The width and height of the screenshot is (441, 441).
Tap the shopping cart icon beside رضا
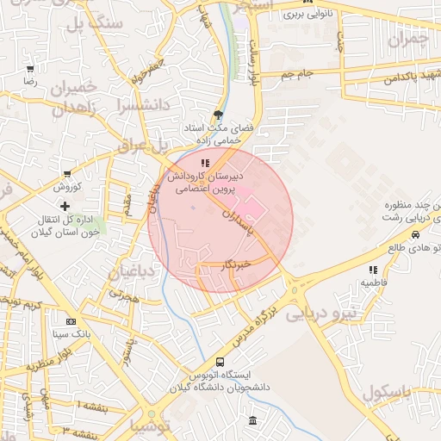(x=31, y=69)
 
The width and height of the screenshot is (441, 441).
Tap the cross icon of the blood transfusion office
(x=65, y=205)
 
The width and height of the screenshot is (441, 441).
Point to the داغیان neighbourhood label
(x=131, y=273)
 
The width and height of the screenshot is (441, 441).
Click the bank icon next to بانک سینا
(x=59, y=320)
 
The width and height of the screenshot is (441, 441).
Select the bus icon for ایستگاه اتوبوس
(x=220, y=363)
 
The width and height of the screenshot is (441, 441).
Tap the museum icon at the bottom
(x=252, y=420)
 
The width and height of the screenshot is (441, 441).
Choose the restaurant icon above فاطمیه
(x=373, y=270)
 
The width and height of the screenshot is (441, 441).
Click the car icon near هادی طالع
(x=416, y=234)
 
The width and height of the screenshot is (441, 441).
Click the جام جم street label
(x=296, y=75)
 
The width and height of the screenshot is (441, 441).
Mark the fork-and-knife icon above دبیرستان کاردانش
(x=204, y=162)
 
